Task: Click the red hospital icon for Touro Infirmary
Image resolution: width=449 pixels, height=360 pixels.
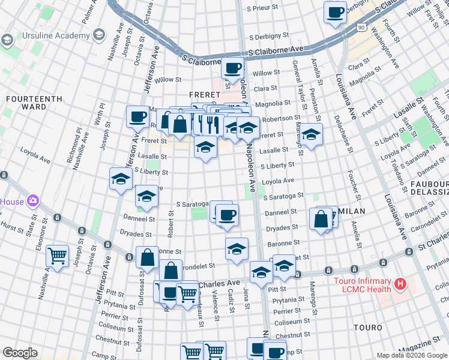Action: click(400, 282)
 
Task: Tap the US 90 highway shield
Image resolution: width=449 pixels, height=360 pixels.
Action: click(360, 28)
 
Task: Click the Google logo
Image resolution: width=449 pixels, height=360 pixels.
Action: click(20, 353)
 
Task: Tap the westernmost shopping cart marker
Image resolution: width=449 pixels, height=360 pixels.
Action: click(58, 256)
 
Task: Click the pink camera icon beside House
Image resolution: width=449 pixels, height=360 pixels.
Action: click(33, 200)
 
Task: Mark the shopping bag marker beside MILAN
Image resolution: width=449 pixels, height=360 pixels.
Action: click(321, 219)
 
